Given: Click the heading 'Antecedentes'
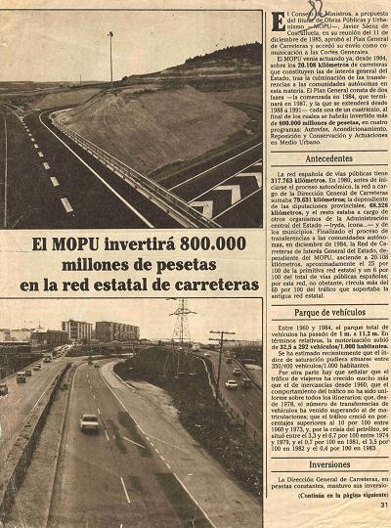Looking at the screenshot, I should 328,157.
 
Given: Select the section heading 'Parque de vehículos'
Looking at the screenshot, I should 328,311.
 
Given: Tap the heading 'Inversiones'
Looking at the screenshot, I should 328,465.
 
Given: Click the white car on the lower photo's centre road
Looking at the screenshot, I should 89,422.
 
